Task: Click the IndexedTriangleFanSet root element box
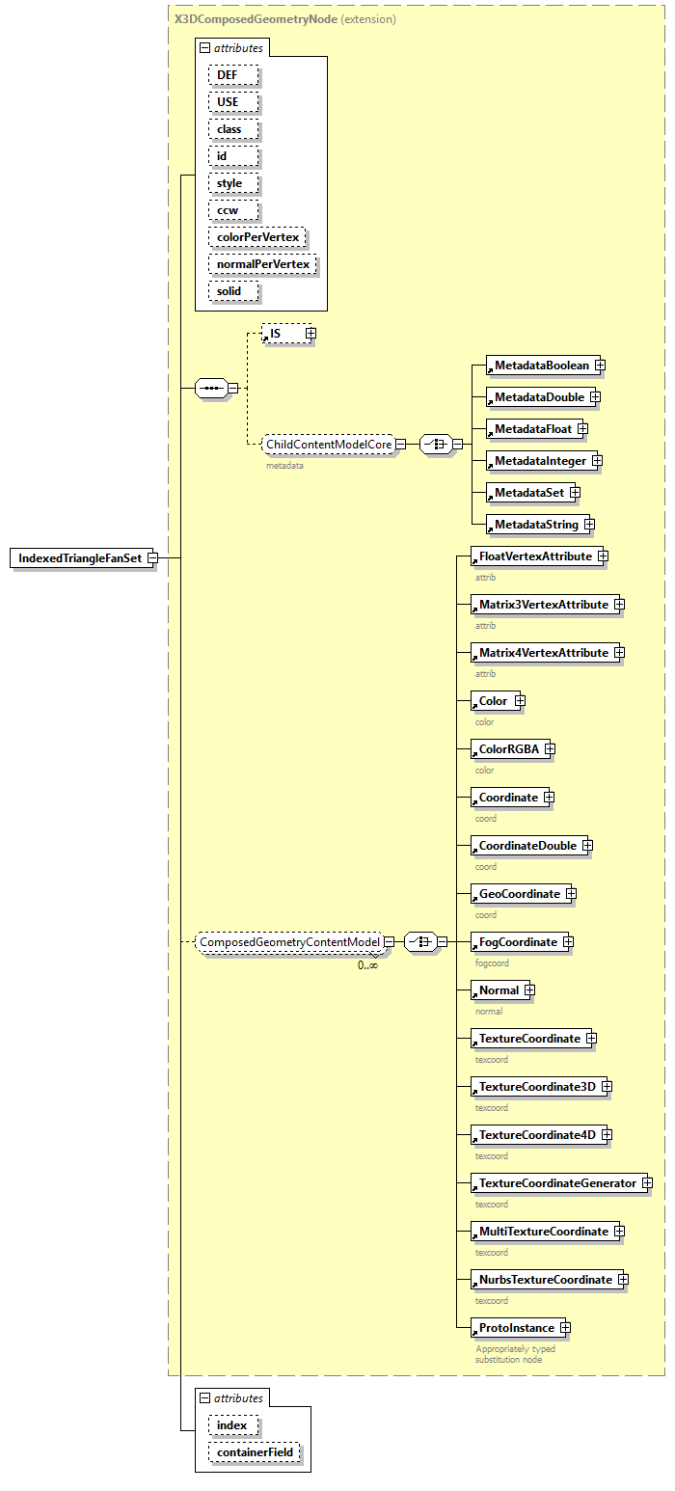[80, 558]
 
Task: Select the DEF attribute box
[228, 74]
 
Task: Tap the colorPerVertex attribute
[257, 236]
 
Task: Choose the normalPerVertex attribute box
[263, 263]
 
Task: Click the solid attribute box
[229, 290]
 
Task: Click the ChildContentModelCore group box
[329, 444]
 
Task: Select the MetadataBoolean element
[541, 366]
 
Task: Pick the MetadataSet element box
[528, 493]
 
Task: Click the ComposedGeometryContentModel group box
[288, 941]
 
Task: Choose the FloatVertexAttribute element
[535, 556]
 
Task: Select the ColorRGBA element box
[508, 749]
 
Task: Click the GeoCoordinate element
[519, 894]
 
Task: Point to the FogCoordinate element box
[518, 942]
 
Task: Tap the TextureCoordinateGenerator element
[557, 1183]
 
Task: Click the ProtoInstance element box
[516, 1328]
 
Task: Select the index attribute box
[231, 1424]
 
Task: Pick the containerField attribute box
[255, 1451]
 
